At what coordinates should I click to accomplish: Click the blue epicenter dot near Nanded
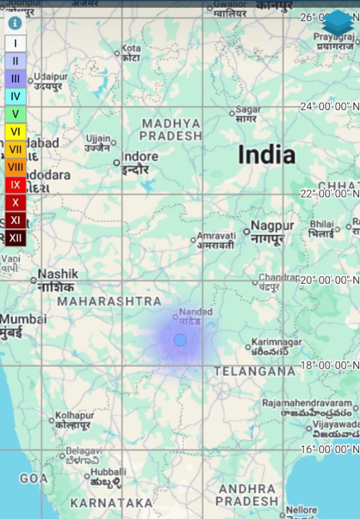pos(180,340)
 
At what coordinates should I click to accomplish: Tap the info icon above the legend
pos(15,23)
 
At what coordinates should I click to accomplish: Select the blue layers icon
pos(338,23)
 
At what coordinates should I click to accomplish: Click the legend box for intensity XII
pos(15,237)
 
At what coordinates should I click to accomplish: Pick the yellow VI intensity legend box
pos(15,131)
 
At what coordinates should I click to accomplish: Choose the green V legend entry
pos(15,114)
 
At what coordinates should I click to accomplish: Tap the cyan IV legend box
pos(15,97)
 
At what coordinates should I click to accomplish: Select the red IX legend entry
pos(15,185)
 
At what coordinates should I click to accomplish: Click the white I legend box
pos(15,43)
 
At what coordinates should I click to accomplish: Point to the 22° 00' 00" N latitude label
pos(330,193)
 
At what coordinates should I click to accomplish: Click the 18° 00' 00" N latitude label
pos(330,365)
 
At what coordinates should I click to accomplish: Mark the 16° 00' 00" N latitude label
pos(330,449)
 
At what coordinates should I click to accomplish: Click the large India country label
pos(266,155)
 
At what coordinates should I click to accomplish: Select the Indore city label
pos(140,157)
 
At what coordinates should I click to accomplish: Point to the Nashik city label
pos(58,274)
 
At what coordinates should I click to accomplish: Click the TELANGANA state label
pos(255,371)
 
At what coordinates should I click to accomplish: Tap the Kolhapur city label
pos(75,416)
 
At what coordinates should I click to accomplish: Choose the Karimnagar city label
pos(277,342)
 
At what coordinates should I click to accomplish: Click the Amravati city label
pos(216,236)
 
